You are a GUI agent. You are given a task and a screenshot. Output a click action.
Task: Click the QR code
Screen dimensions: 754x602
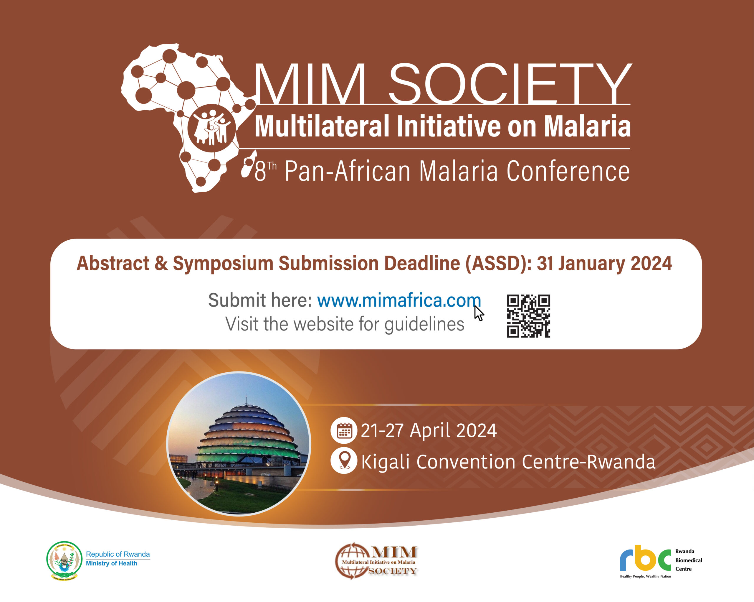click(x=528, y=316)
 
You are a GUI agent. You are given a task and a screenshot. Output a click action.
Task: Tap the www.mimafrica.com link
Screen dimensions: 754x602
click(x=399, y=300)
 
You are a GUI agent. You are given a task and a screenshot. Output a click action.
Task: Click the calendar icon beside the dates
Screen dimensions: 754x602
click(x=344, y=430)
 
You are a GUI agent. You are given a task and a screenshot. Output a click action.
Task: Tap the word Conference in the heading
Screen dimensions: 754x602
click(x=568, y=171)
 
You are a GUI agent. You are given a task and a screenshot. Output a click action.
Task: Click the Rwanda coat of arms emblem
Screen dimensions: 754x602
click(x=64, y=561)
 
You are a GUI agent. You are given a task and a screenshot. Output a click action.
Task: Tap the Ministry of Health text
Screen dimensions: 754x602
click(x=112, y=563)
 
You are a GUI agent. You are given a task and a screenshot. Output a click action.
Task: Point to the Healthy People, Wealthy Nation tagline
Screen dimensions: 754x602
click(x=645, y=576)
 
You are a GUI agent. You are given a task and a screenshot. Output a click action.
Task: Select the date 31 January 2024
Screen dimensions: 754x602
click(x=604, y=263)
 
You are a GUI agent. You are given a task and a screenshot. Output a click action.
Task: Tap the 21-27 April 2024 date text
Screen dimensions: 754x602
click(x=429, y=430)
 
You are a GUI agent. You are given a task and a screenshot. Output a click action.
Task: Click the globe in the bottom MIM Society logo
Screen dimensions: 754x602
click(x=351, y=561)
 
